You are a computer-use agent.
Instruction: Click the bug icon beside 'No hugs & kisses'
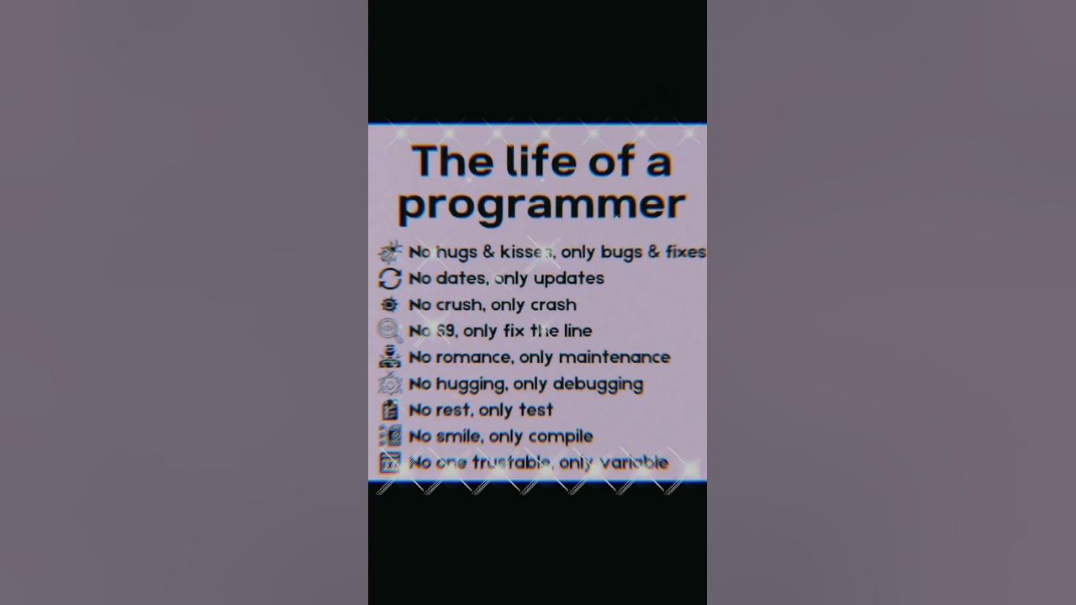[x=390, y=252]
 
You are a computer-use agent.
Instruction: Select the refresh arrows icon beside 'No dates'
[x=390, y=278]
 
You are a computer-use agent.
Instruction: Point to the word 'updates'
[x=568, y=278]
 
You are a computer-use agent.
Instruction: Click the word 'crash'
[x=553, y=304]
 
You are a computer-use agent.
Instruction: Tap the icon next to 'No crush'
[x=390, y=304]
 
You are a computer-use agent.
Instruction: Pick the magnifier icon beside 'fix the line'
[x=390, y=330]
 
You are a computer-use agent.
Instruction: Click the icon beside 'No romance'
[x=390, y=357]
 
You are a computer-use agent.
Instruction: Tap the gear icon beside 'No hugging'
[x=390, y=384]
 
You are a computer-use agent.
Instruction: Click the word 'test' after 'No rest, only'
[x=535, y=410]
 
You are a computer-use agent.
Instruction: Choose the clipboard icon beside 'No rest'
[x=390, y=410]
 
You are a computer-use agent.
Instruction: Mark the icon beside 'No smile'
[x=390, y=436]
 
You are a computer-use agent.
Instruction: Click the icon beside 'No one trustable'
[x=390, y=462]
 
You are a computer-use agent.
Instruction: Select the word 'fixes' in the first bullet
[x=685, y=251]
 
